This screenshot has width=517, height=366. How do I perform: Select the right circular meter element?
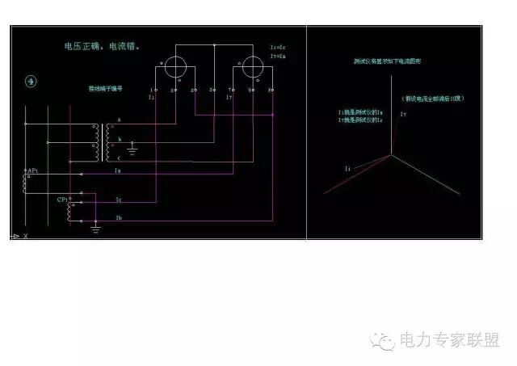point(247,68)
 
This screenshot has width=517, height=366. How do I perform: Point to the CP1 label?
point(62,199)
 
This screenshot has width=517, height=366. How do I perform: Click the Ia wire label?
point(118,170)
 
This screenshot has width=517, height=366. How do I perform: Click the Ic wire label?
point(118,199)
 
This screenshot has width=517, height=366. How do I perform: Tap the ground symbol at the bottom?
point(95,229)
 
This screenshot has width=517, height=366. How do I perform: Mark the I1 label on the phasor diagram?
point(348,168)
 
